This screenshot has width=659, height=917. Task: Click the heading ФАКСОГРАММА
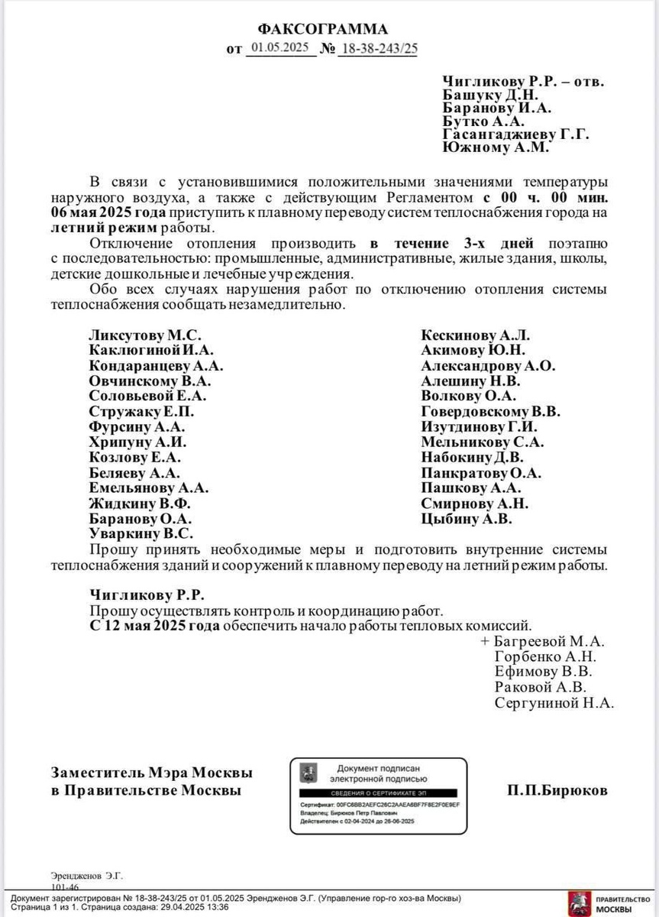(x=322, y=29)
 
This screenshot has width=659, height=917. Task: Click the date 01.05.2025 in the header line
(x=279, y=48)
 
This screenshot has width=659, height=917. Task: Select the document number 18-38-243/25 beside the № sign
(x=379, y=48)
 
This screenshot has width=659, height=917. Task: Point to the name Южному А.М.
(x=496, y=148)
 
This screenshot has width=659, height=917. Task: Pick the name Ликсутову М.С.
(x=146, y=335)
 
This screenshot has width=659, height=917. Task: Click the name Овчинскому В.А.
(x=150, y=381)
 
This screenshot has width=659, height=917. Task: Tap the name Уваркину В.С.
(x=141, y=533)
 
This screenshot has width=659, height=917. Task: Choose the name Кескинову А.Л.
(x=475, y=335)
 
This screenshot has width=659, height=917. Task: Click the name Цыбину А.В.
(x=467, y=518)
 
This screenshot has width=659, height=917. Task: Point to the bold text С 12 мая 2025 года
(x=155, y=624)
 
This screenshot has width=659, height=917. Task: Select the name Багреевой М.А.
(x=548, y=640)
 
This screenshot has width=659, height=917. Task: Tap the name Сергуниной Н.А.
(x=554, y=703)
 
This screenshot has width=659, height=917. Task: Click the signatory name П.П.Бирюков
(x=557, y=791)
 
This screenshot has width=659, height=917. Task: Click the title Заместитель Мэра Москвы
(x=152, y=773)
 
